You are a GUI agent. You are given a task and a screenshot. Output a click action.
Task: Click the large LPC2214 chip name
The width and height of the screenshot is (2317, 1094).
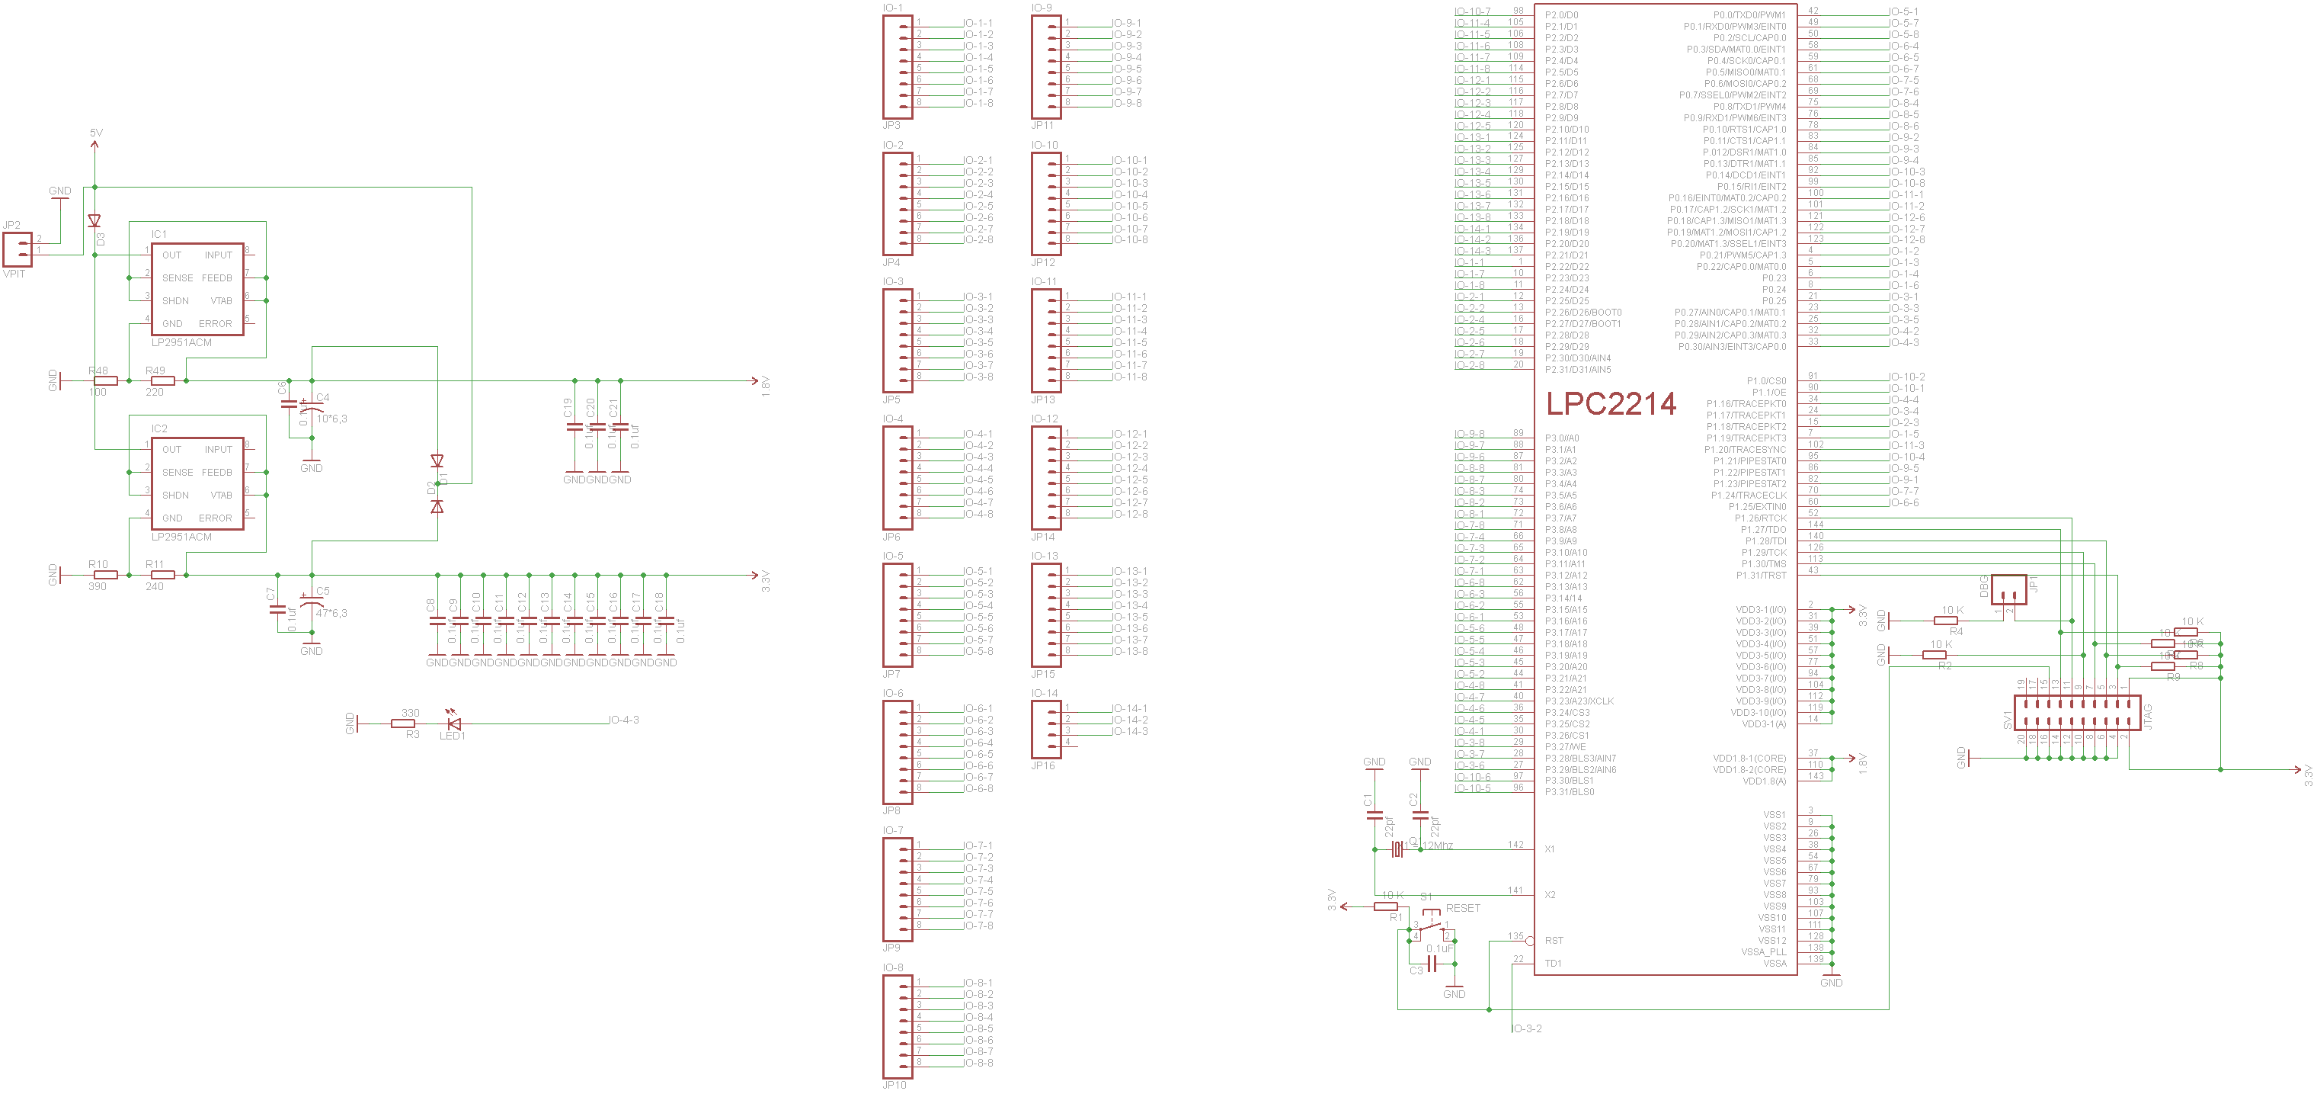coord(1611,404)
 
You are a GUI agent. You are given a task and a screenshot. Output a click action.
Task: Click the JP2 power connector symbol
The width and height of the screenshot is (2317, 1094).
coord(18,249)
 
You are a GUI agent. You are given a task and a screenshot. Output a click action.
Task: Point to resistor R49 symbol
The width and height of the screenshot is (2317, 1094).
coord(162,380)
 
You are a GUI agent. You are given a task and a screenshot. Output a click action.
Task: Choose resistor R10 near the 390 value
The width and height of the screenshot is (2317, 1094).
coord(105,575)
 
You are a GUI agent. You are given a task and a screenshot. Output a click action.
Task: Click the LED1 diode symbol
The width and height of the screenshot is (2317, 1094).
coord(454,723)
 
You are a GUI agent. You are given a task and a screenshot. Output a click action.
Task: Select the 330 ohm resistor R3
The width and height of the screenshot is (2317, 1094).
coord(403,723)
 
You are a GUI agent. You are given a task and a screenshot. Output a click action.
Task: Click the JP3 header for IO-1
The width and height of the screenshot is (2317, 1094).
coord(898,69)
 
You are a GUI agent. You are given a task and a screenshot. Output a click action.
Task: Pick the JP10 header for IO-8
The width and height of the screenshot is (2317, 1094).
coord(898,1026)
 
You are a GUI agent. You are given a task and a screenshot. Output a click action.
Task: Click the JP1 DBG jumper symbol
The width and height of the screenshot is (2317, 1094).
coord(2008,591)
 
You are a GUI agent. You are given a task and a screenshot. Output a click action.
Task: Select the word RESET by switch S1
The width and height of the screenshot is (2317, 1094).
coord(1463,909)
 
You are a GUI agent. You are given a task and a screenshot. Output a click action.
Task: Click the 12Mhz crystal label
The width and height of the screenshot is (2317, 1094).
coord(1437,845)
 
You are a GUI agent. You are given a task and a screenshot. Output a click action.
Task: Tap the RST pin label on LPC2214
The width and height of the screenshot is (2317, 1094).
coord(1554,941)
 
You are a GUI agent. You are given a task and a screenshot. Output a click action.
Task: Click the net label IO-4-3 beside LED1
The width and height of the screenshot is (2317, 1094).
coord(624,720)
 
